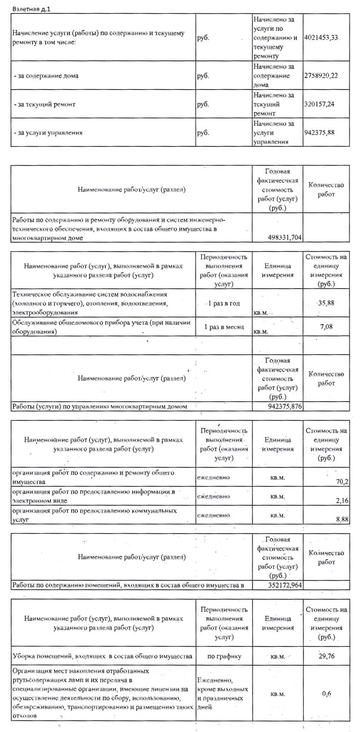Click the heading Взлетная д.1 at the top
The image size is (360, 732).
click(31, 9)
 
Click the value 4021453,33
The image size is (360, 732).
click(321, 38)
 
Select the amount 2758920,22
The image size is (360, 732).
click(321, 76)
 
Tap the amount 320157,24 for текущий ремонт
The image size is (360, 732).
click(319, 104)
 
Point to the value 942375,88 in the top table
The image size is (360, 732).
click(319, 133)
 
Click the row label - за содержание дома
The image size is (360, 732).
click(46, 76)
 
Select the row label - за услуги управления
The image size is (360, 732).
click(48, 133)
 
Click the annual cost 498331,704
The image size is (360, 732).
click(285, 238)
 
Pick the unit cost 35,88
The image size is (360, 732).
click(326, 303)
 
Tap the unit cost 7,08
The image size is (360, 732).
click(326, 327)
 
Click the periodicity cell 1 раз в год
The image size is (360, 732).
click(224, 304)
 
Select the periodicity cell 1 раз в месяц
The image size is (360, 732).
click(224, 327)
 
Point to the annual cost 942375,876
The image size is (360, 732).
click(285, 407)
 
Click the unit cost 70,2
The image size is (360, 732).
click(342, 482)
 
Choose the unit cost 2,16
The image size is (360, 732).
click(342, 501)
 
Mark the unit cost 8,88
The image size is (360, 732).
click(342, 519)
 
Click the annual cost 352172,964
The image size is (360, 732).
click(285, 585)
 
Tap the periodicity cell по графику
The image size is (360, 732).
click(224, 656)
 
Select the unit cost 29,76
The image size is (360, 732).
click(326, 656)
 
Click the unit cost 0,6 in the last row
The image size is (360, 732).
click(326, 693)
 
